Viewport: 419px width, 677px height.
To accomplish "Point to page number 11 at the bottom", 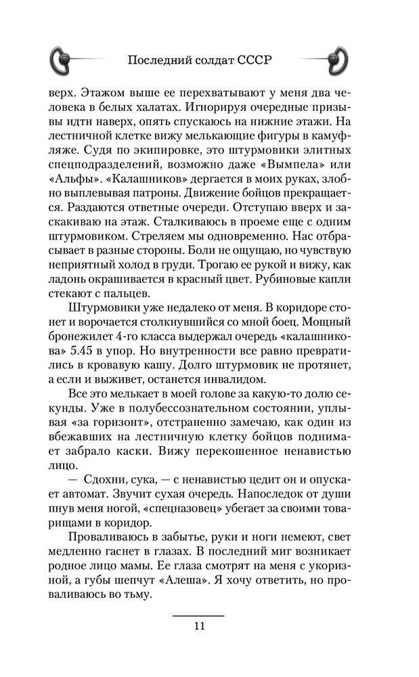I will (x=198, y=626).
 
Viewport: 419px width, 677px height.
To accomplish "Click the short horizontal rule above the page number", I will (x=198, y=615).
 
